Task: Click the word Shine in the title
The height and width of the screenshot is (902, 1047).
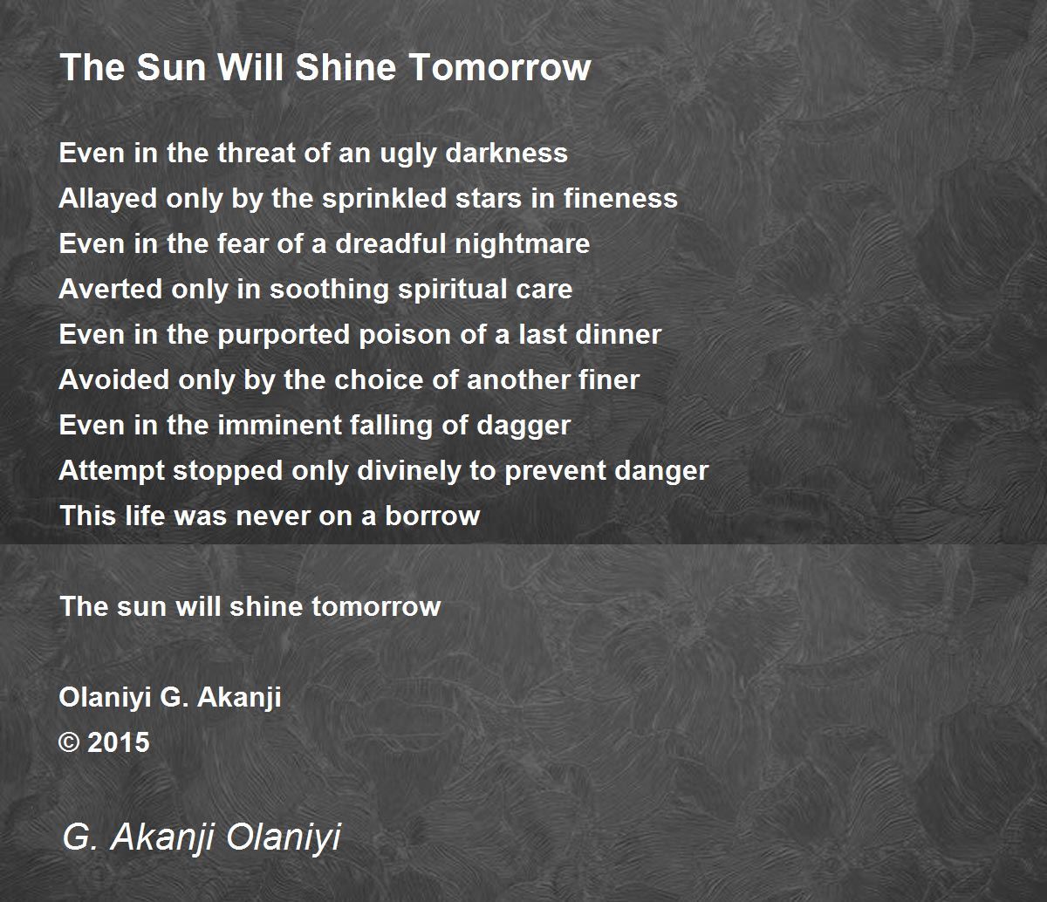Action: coord(346,67)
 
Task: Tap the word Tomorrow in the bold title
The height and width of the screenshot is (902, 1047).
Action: coord(501,67)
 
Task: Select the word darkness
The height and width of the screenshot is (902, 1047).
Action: coord(507,153)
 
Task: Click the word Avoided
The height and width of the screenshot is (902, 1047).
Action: coord(114,379)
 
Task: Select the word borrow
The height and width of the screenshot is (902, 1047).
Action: coord(432,516)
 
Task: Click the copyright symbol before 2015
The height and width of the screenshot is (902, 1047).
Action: coord(69,742)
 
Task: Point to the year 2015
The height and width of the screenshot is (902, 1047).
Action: coord(119,742)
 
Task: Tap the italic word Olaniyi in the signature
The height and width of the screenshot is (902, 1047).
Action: coord(284,837)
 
